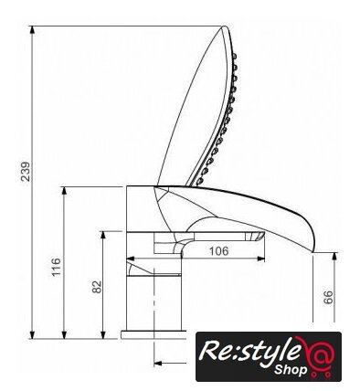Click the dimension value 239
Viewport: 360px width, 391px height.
click(26, 172)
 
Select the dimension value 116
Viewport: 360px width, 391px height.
click(56, 267)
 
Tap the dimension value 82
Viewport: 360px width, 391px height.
click(97, 287)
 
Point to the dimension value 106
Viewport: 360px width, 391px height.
click(218, 251)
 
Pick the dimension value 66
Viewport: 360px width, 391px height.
click(328, 297)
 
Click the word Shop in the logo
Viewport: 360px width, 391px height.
click(291, 370)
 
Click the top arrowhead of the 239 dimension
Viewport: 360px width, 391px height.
click(32, 30)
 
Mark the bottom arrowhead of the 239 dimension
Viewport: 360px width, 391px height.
click(32, 334)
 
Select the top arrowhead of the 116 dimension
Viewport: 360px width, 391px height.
click(64, 191)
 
